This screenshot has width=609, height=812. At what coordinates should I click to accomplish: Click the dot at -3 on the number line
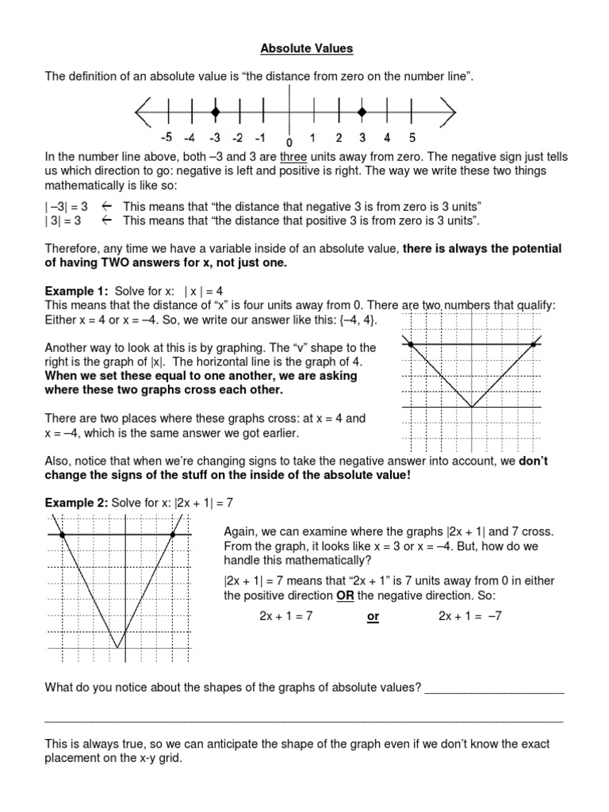[x=216, y=112]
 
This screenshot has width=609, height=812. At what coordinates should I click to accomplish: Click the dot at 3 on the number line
[x=362, y=112]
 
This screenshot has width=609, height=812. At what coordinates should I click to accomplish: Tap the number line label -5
[x=164, y=136]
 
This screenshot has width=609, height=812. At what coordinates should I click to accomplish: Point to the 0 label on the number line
[x=289, y=142]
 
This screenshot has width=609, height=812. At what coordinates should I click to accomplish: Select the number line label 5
[x=412, y=136]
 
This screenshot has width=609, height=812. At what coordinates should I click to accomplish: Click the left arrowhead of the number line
[x=144, y=112]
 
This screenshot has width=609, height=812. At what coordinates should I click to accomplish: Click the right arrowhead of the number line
[x=449, y=112]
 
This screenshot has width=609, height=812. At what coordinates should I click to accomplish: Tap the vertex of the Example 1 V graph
[x=473, y=407]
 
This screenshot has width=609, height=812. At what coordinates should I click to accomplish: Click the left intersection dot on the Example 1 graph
[x=410, y=344]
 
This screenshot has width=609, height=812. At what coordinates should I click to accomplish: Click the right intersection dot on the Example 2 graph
[x=173, y=536]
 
